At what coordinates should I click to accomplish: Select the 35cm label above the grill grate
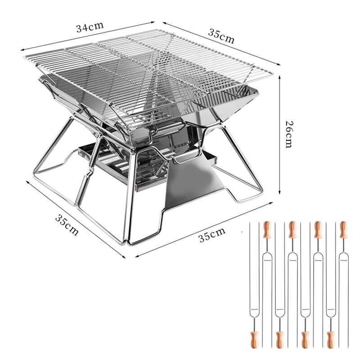pyautogui.click(x=221, y=36)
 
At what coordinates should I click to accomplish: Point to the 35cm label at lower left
pyautogui.click(x=67, y=224)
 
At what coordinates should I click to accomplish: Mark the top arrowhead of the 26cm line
pyautogui.click(x=280, y=77)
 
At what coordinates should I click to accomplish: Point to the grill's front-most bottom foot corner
pyautogui.click(x=126, y=243)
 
